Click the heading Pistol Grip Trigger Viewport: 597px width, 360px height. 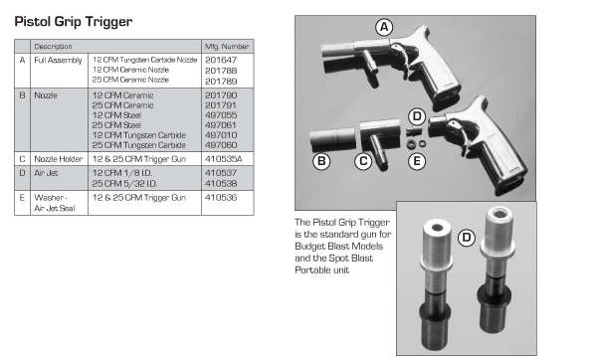point(74,22)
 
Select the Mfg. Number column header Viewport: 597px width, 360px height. point(227,47)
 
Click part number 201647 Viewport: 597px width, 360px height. point(221,60)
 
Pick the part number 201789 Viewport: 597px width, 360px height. point(221,82)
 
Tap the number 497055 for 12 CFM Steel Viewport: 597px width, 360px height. point(221,115)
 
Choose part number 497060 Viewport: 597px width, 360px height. point(221,145)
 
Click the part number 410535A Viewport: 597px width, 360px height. point(224,159)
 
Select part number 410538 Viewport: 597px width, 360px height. point(221,183)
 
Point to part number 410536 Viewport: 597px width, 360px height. point(221,198)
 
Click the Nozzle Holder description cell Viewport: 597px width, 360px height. point(59,159)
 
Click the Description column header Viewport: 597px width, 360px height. point(53,47)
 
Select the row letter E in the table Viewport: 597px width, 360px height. point(22,198)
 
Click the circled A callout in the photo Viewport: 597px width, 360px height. point(384,27)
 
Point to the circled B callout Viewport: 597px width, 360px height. point(321,161)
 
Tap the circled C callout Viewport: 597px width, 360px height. point(363,161)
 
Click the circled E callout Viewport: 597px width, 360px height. point(417,161)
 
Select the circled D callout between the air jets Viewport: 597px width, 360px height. point(466,238)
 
